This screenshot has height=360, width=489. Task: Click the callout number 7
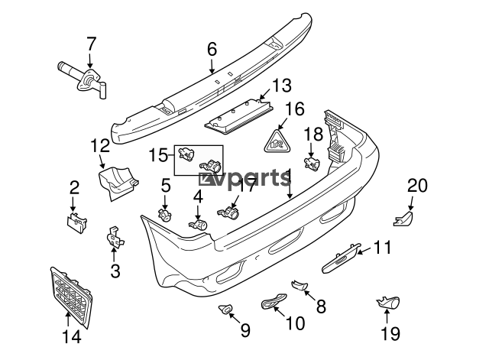pos(92,42)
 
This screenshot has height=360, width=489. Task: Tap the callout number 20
pos(417,186)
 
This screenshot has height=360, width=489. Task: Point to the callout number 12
pos(100,144)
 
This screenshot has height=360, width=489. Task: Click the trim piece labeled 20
pos(403,220)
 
